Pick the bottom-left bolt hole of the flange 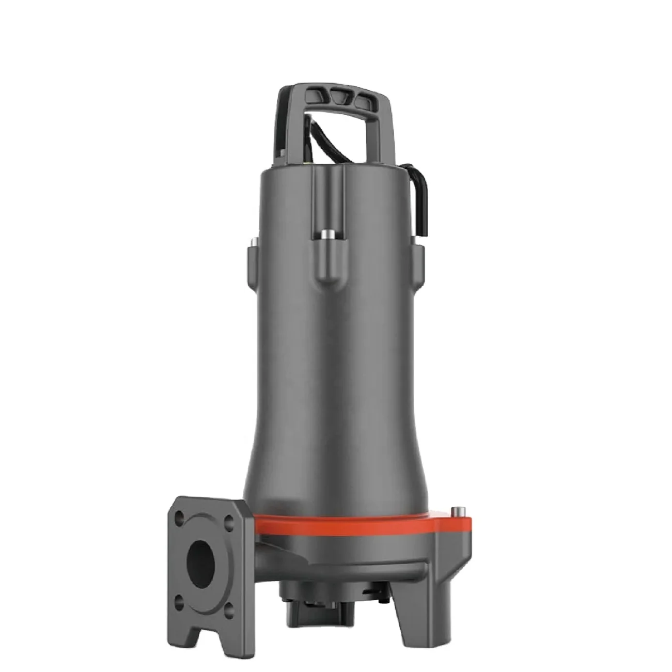pos(179,600)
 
